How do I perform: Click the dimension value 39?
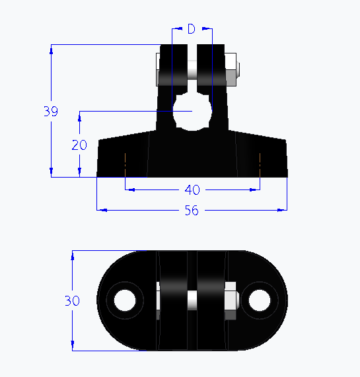tap(51, 112)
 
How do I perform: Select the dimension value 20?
tap(79, 145)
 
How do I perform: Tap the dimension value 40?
tap(192, 189)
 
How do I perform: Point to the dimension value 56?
tap(192, 211)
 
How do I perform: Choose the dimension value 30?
tap(72, 300)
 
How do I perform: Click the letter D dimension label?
tap(192, 28)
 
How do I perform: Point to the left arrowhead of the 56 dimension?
tap(101, 211)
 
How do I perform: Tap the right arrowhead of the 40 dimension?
tap(254, 189)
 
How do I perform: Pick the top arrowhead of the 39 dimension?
tap(51, 49)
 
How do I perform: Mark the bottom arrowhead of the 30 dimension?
tap(72, 346)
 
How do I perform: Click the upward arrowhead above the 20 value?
tap(79, 116)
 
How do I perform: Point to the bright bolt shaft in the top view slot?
tap(192, 300)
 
